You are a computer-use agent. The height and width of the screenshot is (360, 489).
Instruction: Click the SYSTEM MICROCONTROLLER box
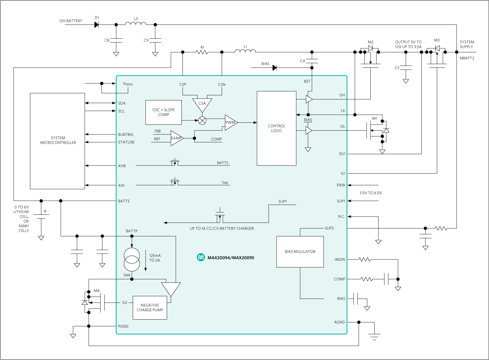click(x=57, y=141)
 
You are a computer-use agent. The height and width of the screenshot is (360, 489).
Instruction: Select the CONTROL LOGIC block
click(x=276, y=128)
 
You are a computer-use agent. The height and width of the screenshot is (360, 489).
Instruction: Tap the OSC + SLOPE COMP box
click(x=163, y=113)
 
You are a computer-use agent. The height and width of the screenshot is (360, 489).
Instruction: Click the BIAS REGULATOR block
click(x=300, y=252)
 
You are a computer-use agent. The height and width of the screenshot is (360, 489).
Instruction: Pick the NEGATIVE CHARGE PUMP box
click(x=150, y=308)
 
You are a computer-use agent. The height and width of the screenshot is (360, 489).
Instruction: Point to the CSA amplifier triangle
click(x=202, y=105)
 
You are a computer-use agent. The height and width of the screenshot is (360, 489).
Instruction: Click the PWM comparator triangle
click(x=231, y=122)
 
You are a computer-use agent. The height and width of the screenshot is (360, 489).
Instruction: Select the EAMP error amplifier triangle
click(x=177, y=138)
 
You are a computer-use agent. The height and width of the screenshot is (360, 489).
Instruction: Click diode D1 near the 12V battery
click(x=97, y=25)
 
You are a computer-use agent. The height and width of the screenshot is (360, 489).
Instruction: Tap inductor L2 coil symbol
click(x=136, y=23)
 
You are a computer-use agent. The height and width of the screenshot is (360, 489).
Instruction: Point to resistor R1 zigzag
click(x=202, y=52)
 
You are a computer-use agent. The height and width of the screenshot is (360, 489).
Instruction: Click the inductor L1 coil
click(x=245, y=51)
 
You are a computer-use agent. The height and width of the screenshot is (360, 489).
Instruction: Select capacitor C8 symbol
click(x=116, y=40)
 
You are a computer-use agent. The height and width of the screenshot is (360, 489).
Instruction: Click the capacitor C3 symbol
click(x=406, y=68)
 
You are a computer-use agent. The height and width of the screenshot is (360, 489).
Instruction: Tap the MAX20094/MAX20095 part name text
click(x=231, y=258)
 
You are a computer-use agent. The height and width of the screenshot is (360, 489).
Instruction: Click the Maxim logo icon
click(x=201, y=257)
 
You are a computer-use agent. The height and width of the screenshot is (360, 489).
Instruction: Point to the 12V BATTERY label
click(x=71, y=21)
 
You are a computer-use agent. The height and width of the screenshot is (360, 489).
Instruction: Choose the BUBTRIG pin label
click(x=126, y=135)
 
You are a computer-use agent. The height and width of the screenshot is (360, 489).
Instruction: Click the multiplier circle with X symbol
click(x=202, y=121)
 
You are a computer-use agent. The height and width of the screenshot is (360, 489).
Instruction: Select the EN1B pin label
click(x=341, y=185)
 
